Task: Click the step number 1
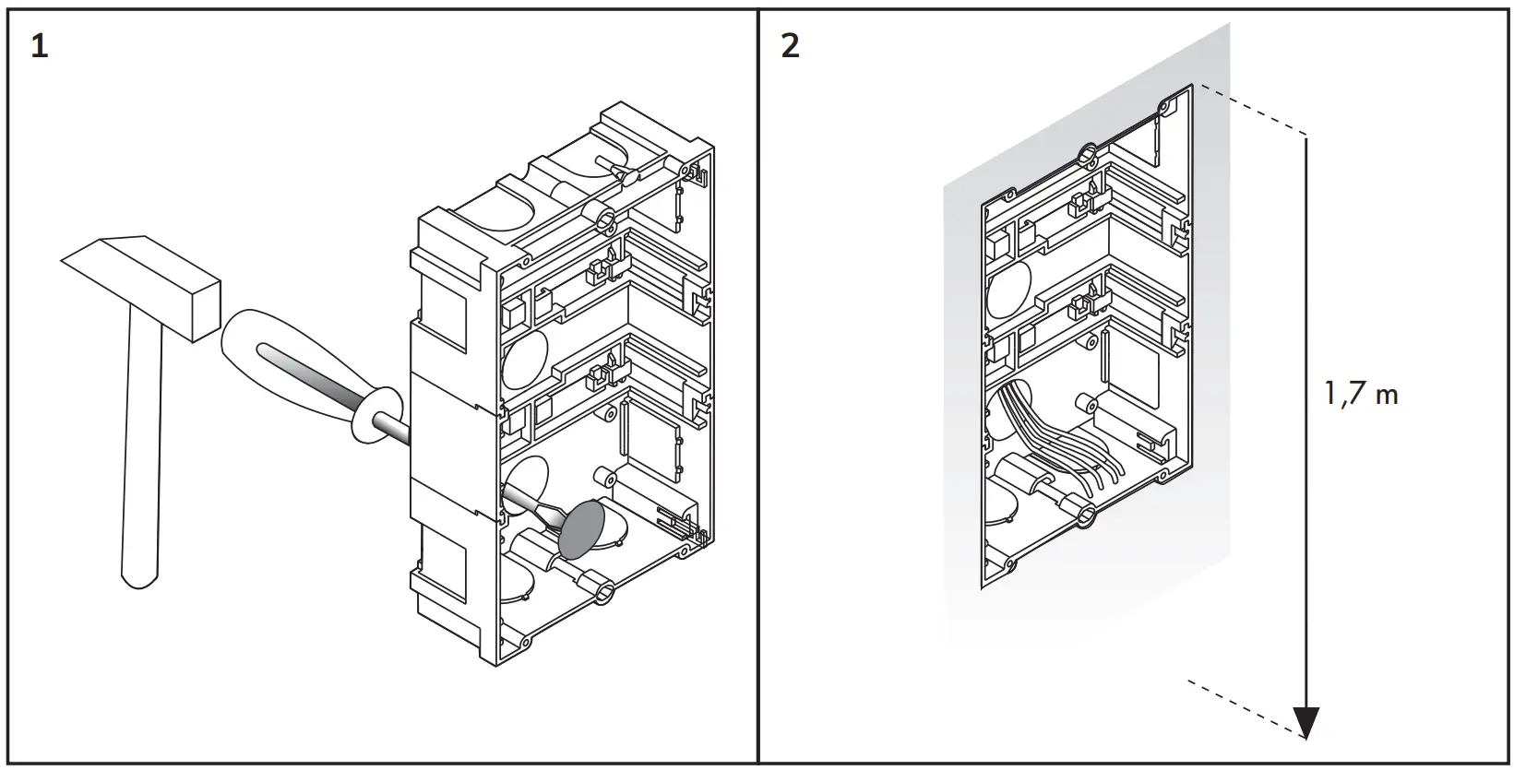click(39, 45)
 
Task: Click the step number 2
click(790, 45)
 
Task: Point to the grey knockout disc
click(584, 530)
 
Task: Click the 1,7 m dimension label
click(1362, 395)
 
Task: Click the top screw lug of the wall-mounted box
click(1088, 152)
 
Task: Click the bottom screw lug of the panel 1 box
click(604, 590)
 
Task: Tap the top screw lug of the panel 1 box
click(606, 219)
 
